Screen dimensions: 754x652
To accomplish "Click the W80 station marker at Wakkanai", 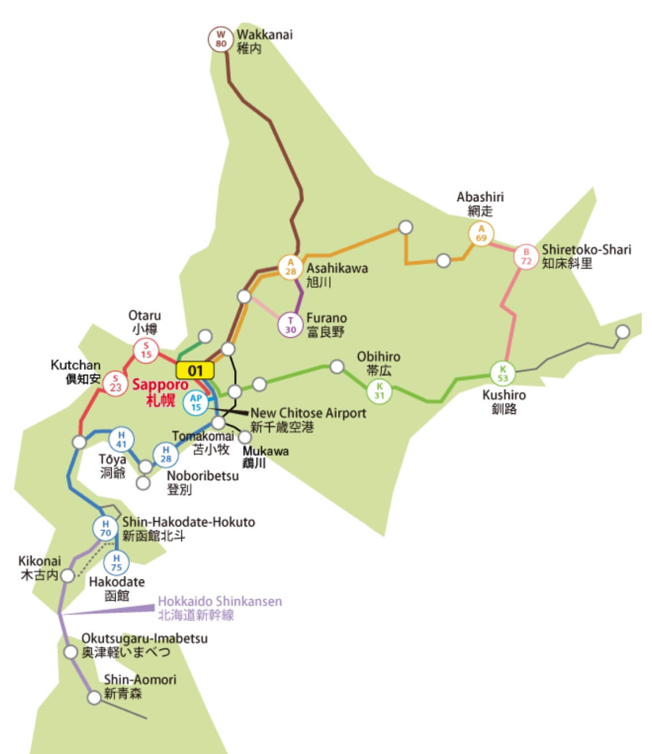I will click(221, 39).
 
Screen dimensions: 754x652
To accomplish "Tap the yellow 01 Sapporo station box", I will click(195, 371).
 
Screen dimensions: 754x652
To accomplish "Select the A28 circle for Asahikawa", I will click(290, 266).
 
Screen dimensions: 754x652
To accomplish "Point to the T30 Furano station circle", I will click(290, 325).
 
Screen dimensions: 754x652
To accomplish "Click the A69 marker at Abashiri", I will click(481, 233).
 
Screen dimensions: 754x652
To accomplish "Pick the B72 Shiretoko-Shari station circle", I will click(526, 257).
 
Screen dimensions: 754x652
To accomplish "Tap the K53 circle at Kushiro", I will click(503, 374).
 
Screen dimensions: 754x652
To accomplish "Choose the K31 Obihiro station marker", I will click(379, 391).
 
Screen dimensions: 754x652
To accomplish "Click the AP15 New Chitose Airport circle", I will click(196, 403).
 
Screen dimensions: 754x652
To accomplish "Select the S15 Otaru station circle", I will click(146, 350).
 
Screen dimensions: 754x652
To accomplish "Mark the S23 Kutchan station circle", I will click(116, 384).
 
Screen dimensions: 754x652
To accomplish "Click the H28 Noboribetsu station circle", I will click(166, 455).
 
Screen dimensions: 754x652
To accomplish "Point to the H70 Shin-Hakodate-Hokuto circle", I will click(105, 528).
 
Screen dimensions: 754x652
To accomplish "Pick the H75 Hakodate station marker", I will click(116, 562).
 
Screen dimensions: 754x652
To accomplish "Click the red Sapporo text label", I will click(160, 391).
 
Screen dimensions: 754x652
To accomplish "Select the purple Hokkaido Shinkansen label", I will click(219, 608).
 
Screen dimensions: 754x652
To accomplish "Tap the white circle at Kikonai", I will click(67, 576).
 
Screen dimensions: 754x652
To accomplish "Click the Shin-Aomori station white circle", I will click(94, 697).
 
